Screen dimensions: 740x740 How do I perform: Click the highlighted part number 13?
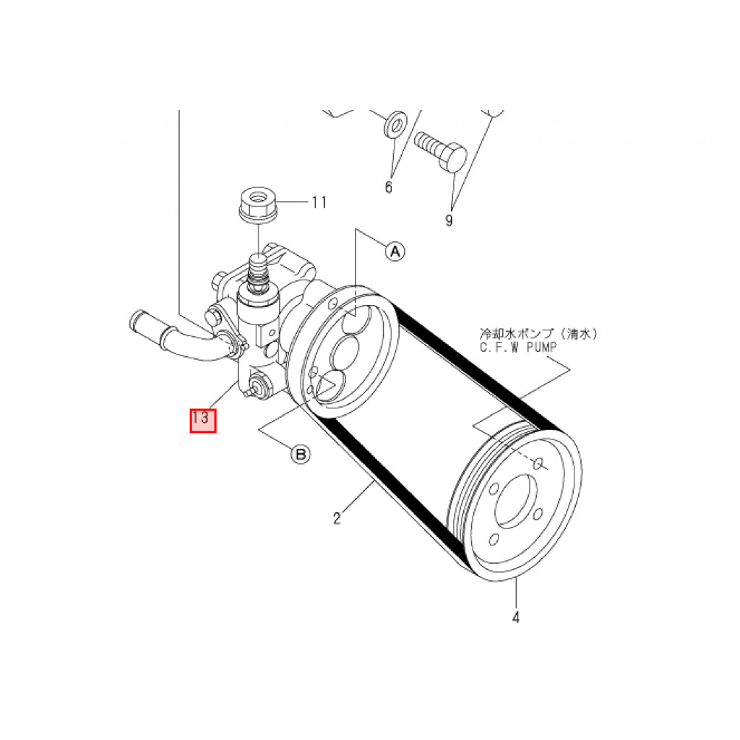203,420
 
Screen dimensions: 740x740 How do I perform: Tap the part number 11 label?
319,202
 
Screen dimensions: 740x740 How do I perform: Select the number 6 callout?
388,187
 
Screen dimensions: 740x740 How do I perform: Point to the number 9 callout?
449,220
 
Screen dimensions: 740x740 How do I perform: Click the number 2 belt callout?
337,518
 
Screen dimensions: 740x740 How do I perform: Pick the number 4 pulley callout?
516,616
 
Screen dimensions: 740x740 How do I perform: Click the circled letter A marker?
395,251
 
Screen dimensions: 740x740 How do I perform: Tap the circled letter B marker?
300,455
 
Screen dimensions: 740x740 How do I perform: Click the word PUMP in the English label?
542,348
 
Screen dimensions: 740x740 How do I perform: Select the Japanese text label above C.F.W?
538,334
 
